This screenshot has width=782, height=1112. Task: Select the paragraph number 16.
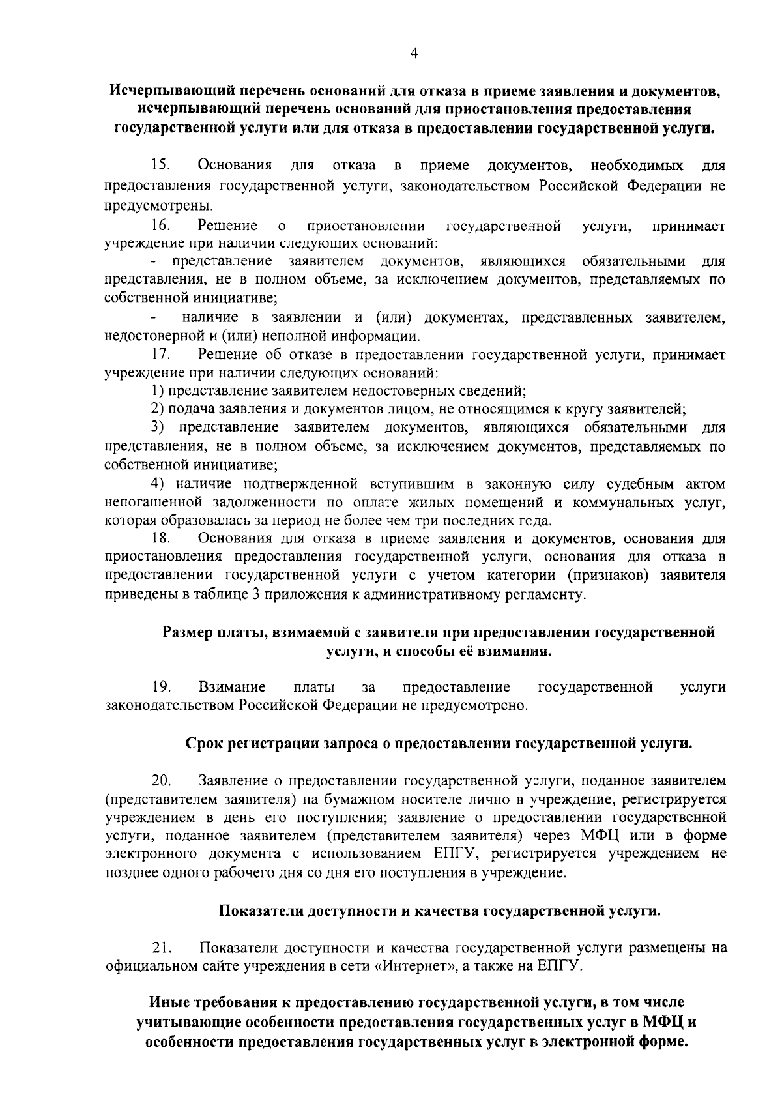point(160,226)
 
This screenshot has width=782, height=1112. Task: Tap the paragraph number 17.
point(160,355)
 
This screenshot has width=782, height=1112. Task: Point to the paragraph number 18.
point(160,538)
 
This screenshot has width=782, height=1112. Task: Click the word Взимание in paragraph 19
point(232,687)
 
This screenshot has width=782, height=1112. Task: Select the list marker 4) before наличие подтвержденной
point(156,484)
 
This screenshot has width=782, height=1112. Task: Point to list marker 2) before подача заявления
point(156,409)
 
